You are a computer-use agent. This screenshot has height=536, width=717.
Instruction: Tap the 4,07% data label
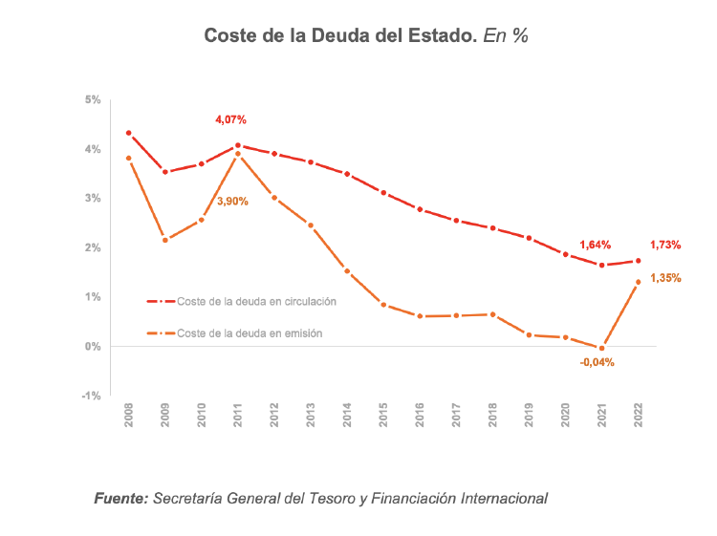pyautogui.click(x=230, y=119)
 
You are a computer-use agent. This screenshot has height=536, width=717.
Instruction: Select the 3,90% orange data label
pyautogui.click(x=232, y=202)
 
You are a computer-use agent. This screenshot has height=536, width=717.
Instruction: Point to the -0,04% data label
pyautogui.click(x=597, y=362)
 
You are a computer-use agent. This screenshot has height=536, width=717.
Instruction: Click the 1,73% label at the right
pyautogui.click(x=665, y=245)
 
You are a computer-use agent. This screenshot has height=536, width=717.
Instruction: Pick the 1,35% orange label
pyautogui.click(x=665, y=278)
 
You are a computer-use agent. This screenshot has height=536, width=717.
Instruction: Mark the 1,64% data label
pyautogui.click(x=595, y=245)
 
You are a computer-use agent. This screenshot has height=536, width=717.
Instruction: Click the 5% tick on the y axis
pyautogui.click(x=93, y=99)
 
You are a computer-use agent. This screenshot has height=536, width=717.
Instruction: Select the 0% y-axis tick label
pyautogui.click(x=93, y=346)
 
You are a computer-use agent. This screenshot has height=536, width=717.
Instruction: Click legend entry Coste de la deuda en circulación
pyautogui.click(x=256, y=301)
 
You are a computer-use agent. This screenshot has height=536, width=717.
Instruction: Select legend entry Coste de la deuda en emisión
pyautogui.click(x=250, y=333)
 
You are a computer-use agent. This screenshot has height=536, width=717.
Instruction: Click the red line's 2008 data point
pyautogui.click(x=128, y=133)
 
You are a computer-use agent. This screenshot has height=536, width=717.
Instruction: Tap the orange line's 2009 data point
pyautogui.click(x=164, y=240)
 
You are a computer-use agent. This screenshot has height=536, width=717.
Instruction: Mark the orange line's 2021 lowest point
pyautogui.click(x=601, y=348)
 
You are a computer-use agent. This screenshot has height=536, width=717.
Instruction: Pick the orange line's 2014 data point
pyautogui.click(x=347, y=271)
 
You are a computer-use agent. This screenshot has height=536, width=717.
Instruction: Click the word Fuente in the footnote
pyautogui.click(x=120, y=498)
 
